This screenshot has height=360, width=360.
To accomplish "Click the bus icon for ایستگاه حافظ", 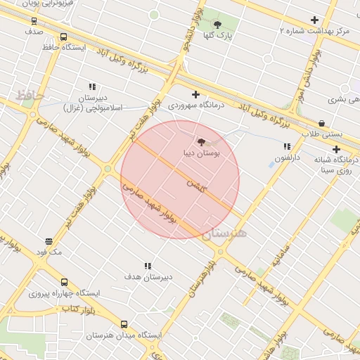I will [x=64, y=37].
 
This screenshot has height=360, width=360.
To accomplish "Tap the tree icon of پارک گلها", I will [x=217, y=25].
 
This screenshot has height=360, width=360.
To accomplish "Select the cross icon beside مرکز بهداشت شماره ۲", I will [x=314, y=20].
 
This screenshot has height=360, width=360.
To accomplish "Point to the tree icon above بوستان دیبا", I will [x=202, y=142].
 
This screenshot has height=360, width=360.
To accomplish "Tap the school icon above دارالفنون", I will [x=286, y=146].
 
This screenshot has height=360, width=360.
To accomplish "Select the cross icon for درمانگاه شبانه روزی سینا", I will [x=336, y=149].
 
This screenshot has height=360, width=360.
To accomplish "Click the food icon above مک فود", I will [x=49, y=241].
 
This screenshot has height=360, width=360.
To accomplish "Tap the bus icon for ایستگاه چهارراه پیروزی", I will [x=65, y=282].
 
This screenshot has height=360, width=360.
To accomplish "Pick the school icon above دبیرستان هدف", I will [x=148, y=266].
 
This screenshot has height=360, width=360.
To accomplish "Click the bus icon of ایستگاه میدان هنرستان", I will [x=124, y=325].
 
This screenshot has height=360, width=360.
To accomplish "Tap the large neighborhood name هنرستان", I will [x=225, y=235].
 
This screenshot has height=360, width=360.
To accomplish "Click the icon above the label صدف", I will [x=34, y=20].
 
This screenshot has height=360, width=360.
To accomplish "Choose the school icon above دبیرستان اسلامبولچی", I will [x=92, y=86].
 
